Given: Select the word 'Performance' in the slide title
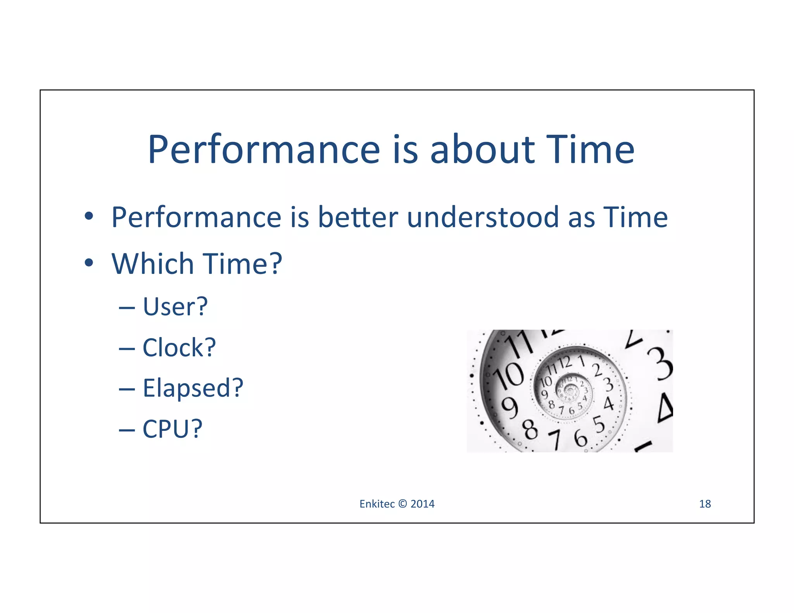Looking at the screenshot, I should point(264,150).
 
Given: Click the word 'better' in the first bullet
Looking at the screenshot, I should point(358,217).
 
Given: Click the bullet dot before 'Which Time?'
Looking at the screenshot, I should point(89,263).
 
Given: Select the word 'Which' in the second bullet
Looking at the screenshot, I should point(152,263).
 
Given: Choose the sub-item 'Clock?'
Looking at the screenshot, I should point(179,347).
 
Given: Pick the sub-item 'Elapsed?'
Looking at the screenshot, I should point(193,388).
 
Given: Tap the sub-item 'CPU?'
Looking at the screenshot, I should point(173,429).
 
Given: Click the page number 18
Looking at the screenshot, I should point(704,504).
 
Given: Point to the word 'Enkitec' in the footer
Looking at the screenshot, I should point(376,504).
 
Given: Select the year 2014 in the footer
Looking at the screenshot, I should point(422,504).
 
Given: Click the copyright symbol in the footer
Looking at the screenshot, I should point(402,504).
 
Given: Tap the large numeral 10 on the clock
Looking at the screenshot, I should point(509,375).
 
